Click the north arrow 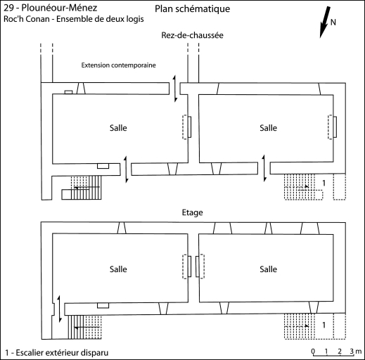(x=325, y=22)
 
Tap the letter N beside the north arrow (x=333, y=22)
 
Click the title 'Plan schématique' (x=192, y=9)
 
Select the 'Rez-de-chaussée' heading (x=192, y=35)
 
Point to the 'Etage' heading (x=193, y=212)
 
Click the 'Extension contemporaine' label (x=118, y=65)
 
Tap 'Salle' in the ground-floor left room (x=118, y=128)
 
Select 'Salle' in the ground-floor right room (x=268, y=128)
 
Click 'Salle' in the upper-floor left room (x=118, y=269)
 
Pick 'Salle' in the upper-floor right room (x=268, y=269)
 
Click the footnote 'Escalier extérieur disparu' (x=62, y=353)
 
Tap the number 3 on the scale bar (x=352, y=351)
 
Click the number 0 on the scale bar (x=313, y=351)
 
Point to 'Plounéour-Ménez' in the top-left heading (x=59, y=8)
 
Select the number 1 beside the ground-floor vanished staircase (x=324, y=183)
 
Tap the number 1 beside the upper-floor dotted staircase (x=324, y=325)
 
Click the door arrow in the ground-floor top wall (x=174, y=89)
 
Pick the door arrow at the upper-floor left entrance (x=59, y=309)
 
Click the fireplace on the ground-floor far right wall (x=332, y=127)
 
